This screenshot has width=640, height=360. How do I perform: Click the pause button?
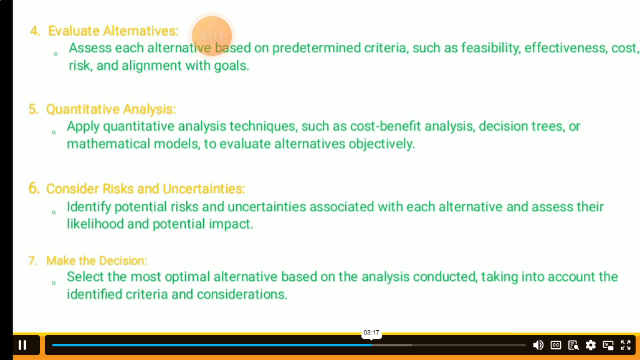[x=23, y=345]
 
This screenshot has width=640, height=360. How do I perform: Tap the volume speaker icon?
[x=538, y=345]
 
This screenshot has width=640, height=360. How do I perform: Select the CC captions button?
[x=556, y=345]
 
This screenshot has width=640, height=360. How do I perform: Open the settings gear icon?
[x=591, y=345]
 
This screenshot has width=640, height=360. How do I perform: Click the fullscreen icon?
[x=626, y=345]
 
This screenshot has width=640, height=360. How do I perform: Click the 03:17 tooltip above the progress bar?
[x=371, y=333]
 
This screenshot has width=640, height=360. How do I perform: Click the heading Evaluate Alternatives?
[x=113, y=31]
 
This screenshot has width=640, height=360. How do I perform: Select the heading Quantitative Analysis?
[x=111, y=110]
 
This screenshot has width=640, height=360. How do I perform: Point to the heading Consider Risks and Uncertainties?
[x=146, y=189]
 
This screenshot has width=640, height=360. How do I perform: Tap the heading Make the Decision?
[x=97, y=261]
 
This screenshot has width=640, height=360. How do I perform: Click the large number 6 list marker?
[x=34, y=189]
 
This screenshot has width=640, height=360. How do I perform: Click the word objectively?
[x=381, y=144]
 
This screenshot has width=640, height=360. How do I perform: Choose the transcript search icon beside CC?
[x=573, y=345]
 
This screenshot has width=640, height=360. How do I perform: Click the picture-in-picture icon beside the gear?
[x=608, y=345]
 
